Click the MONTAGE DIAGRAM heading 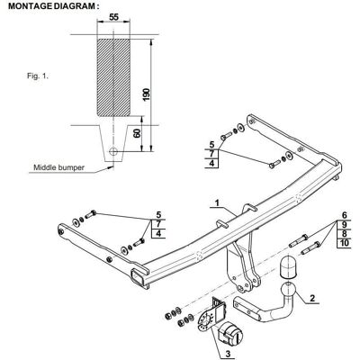tap(54, 6)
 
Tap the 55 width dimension tap(113, 17)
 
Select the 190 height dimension tap(146, 94)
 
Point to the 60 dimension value tap(137, 132)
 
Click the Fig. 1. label tap(38, 76)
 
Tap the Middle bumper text tap(58, 167)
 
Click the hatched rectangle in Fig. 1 tap(113, 76)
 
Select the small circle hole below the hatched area tap(113, 152)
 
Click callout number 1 tap(217, 202)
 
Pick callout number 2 tap(312, 298)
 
